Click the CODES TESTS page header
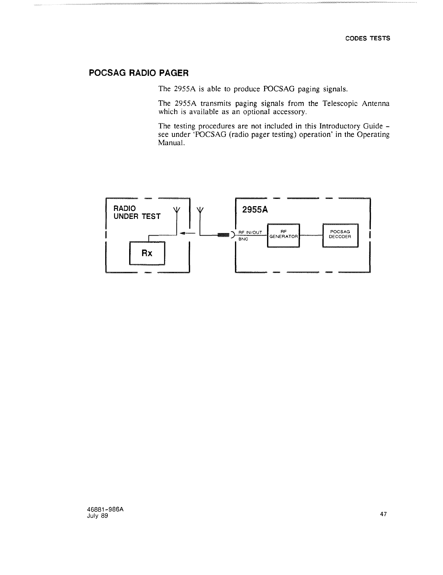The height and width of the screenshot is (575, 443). [367, 38]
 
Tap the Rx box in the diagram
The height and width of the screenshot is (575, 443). [147, 253]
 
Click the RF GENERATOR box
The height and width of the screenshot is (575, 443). [283, 235]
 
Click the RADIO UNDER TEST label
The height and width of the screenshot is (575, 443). [137, 212]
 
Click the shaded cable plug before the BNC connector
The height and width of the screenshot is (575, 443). [223, 235]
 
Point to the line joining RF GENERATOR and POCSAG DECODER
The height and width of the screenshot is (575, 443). [311, 235]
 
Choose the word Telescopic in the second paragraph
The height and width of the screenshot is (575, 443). [338, 104]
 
